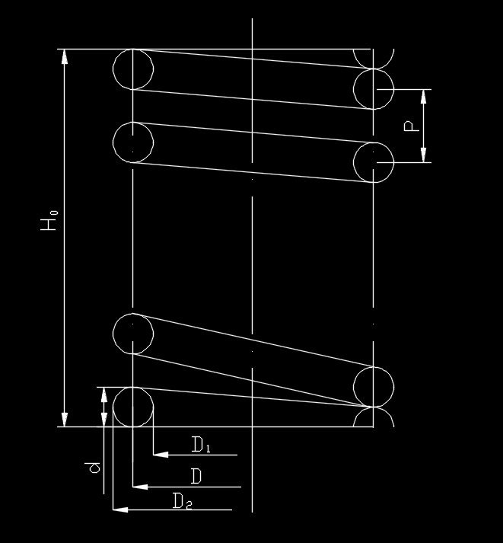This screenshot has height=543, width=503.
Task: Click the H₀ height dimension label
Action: click(49, 220)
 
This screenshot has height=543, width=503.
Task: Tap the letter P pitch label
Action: click(411, 126)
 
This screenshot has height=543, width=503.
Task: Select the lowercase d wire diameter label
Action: click(93, 468)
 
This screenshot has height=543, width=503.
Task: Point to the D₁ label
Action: click(201, 445)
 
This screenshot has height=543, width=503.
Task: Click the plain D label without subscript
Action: click(196, 476)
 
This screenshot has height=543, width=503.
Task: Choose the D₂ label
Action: click(182, 501)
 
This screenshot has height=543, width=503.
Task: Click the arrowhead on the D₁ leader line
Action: click(161, 455)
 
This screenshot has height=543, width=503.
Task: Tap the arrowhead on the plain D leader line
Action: click(140, 487)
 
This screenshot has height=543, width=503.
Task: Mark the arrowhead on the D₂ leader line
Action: click(120, 509)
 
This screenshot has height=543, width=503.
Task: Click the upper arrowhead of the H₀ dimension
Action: click(65, 57)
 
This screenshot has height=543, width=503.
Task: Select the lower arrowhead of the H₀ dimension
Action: click(65, 419)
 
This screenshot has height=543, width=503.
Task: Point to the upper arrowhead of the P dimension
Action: click(423, 97)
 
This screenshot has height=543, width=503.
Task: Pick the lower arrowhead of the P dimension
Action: click(423, 155)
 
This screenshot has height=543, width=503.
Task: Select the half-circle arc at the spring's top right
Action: click(374, 69)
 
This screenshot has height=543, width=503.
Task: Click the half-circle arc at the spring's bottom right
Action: click(374, 407)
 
